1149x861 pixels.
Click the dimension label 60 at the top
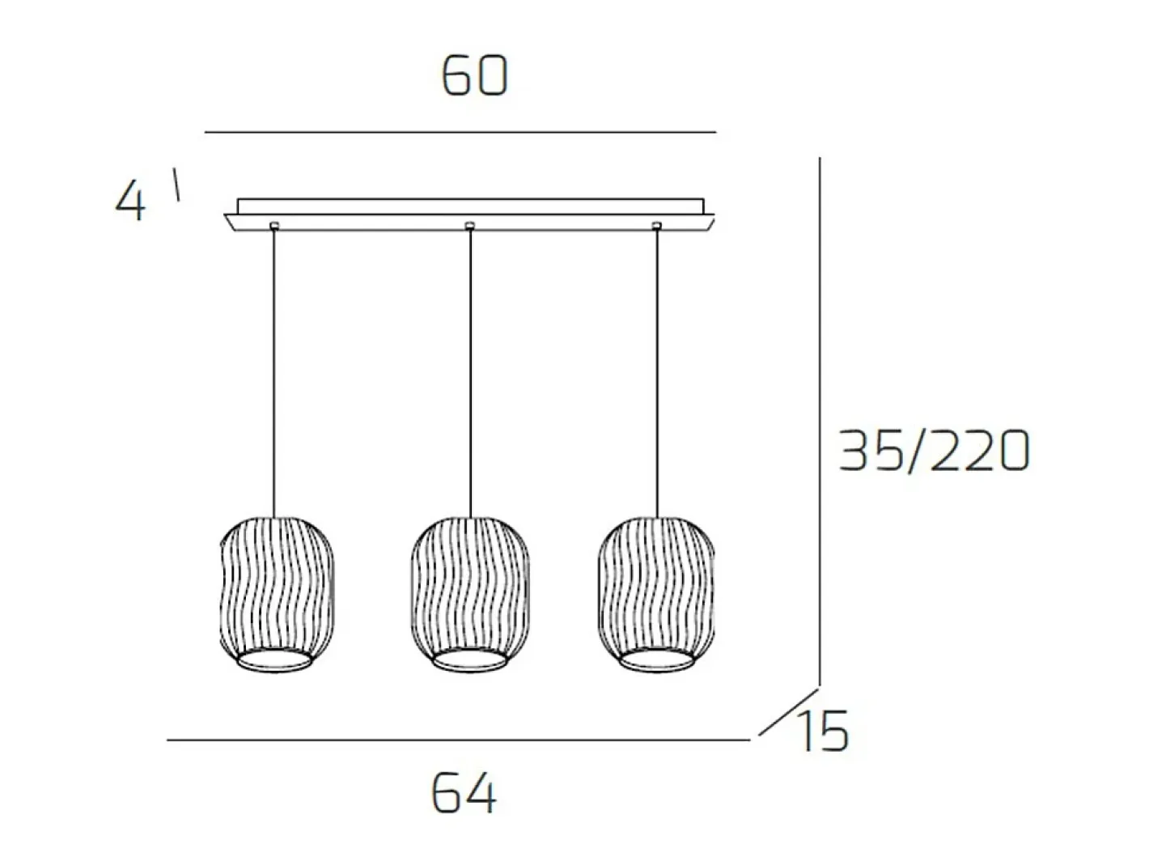point(475,76)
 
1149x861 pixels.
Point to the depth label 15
point(825,732)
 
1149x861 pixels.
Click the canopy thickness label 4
point(129,200)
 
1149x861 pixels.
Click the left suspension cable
point(273,373)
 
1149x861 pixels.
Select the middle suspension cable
point(470,373)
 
